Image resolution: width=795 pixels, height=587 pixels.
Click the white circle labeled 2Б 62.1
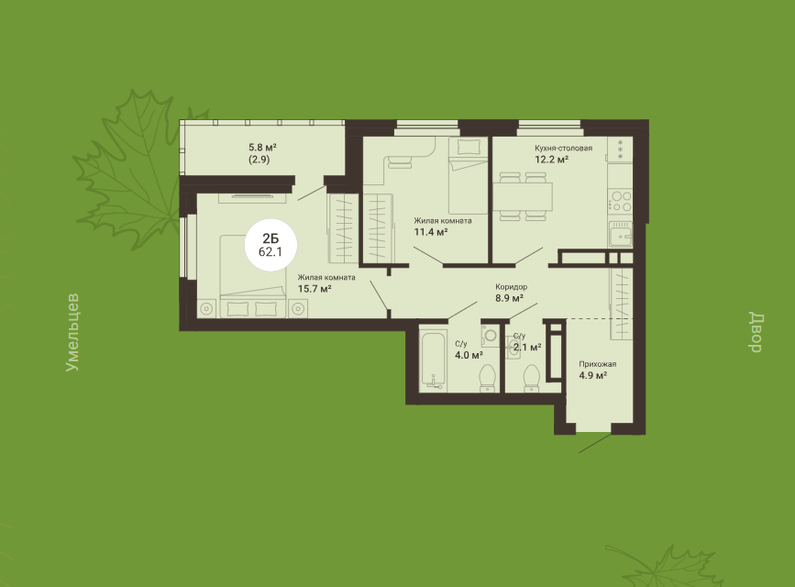pyautogui.click(x=271, y=245)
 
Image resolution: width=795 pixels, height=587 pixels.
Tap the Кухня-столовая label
pyautogui.click(x=563, y=149)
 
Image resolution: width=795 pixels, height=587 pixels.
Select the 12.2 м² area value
pyautogui.click(x=551, y=160)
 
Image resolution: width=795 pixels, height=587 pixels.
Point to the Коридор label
pyautogui.click(x=511, y=287)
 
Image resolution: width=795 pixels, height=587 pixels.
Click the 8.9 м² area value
pyautogui.click(x=509, y=298)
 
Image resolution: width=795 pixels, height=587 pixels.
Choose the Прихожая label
pyautogui.click(x=598, y=364)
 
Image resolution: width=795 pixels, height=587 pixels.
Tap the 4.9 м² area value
pyautogui.click(x=592, y=375)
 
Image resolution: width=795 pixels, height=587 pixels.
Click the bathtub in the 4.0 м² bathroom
pyautogui.click(x=433, y=360)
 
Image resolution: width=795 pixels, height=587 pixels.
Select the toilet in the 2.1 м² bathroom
pyautogui.click(x=531, y=379)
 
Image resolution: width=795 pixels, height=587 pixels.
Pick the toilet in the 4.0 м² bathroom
pyautogui.click(x=488, y=379)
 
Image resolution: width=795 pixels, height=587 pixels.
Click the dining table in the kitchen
pyautogui.click(x=523, y=196)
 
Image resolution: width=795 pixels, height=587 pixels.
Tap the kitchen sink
pyautogui.click(x=621, y=235)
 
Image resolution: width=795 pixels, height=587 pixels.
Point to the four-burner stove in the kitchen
pyautogui.click(x=621, y=200)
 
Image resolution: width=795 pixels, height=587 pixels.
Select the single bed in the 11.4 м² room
pyautogui.click(x=468, y=175)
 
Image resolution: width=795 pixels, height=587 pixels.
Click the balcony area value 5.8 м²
pyautogui.click(x=262, y=148)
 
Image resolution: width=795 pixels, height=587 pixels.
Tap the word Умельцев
pyautogui.click(x=72, y=332)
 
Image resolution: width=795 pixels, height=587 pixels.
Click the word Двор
pyautogui.click(x=756, y=333)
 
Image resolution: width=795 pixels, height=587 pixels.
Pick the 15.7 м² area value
pyautogui.click(x=315, y=289)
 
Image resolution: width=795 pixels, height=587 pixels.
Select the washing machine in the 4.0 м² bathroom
pyautogui.click(x=491, y=336)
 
